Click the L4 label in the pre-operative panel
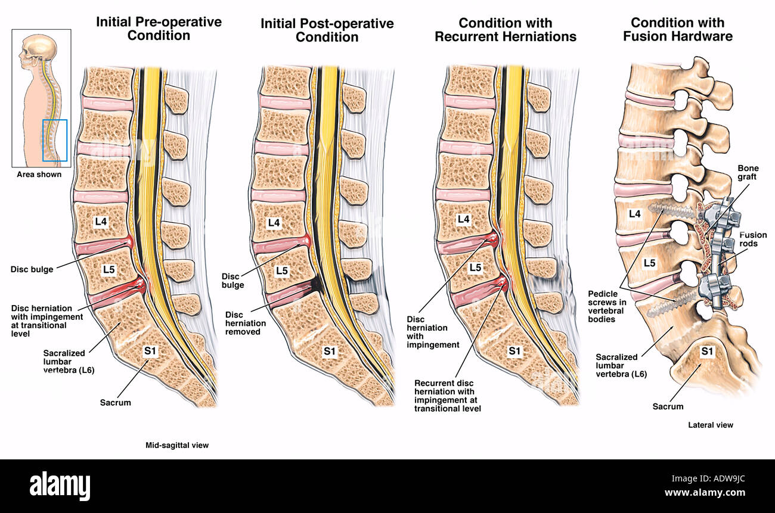pos(101,222)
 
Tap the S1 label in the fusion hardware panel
pos(707,352)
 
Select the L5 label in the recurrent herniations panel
pos(475,267)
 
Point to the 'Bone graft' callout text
pos(748,173)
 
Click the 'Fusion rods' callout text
pos(753,239)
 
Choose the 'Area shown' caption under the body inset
pos(39,175)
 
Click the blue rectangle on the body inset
pos(55,141)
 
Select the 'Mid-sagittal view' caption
pos(177,445)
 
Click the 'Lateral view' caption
pos(710,425)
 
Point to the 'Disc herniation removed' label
pos(246,323)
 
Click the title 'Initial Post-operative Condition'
pos(327,30)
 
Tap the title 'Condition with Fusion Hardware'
pos(678,29)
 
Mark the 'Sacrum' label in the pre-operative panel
pos(116,402)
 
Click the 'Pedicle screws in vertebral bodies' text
pos(607,306)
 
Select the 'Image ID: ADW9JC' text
pos(708,478)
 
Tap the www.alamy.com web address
pos(705,492)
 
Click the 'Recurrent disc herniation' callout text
pos(448,396)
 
